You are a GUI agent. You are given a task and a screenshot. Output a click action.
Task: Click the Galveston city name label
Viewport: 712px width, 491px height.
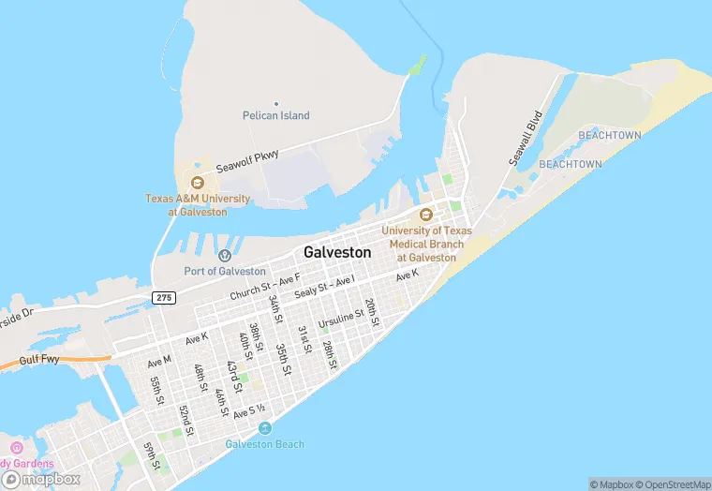click(x=337, y=252)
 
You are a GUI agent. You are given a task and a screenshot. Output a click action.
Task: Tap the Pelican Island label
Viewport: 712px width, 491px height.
click(x=275, y=115)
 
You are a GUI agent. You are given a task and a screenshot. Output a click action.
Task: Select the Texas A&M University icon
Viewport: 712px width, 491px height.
click(x=197, y=183)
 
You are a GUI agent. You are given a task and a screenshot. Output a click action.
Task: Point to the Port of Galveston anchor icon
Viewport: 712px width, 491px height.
click(x=225, y=256)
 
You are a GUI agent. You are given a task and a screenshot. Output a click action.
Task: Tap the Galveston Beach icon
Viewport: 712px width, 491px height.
click(x=265, y=428)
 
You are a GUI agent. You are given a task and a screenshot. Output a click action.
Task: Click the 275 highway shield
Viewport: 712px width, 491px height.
click(x=163, y=296)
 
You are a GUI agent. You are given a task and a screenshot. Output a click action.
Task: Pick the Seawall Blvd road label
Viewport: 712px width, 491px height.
click(x=527, y=140)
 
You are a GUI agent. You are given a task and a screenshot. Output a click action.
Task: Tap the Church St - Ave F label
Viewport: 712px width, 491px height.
click(x=265, y=287)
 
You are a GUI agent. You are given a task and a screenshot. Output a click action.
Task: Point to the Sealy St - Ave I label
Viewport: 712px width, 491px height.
click(x=324, y=288)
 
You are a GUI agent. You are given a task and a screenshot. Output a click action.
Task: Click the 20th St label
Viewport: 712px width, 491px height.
click(x=372, y=312)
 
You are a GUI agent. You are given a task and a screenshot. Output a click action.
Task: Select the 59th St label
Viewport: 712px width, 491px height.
click(x=149, y=455)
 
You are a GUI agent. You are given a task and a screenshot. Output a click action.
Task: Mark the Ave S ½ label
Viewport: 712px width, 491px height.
click(x=250, y=411)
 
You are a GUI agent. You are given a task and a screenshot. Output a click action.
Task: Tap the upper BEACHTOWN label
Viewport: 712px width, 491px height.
click(x=610, y=136)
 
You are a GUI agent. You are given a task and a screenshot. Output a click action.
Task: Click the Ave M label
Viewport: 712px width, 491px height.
click(x=159, y=361)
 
